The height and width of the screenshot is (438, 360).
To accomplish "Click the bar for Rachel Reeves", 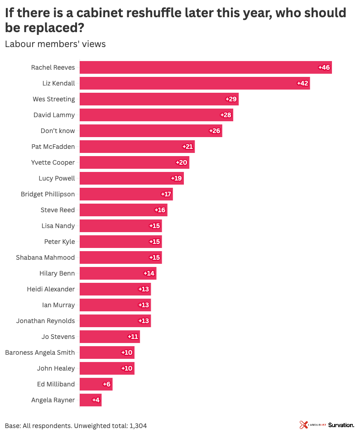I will (x=206, y=67).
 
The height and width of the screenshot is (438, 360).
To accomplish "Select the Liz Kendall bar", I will (x=195, y=83).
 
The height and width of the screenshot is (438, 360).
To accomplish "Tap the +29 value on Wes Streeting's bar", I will (x=231, y=99).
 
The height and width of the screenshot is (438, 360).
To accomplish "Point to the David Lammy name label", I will (x=54, y=115).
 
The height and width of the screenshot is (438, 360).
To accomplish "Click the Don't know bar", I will (x=151, y=131).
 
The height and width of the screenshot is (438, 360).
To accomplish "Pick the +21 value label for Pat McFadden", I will (x=187, y=147).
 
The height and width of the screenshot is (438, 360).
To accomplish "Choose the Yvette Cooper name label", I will (x=53, y=162).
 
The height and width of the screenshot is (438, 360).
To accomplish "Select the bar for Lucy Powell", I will (x=131, y=178).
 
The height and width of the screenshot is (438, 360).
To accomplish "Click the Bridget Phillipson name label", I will (x=48, y=194).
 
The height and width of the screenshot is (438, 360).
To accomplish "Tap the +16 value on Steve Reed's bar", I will (x=160, y=210).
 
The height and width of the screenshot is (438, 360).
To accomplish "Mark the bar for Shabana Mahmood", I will (x=120, y=257).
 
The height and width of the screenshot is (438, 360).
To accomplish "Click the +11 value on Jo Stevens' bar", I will (x=133, y=337).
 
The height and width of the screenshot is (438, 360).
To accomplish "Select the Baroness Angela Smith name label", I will (x=40, y=352).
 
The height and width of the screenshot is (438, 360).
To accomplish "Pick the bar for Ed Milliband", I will (x=96, y=384).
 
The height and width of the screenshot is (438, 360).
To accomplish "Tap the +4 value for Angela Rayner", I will (x=96, y=400).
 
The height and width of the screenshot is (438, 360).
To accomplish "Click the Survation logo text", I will (x=341, y=425).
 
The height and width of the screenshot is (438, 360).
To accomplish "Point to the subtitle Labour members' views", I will (x=55, y=44).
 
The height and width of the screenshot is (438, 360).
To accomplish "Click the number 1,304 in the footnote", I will (x=138, y=426).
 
